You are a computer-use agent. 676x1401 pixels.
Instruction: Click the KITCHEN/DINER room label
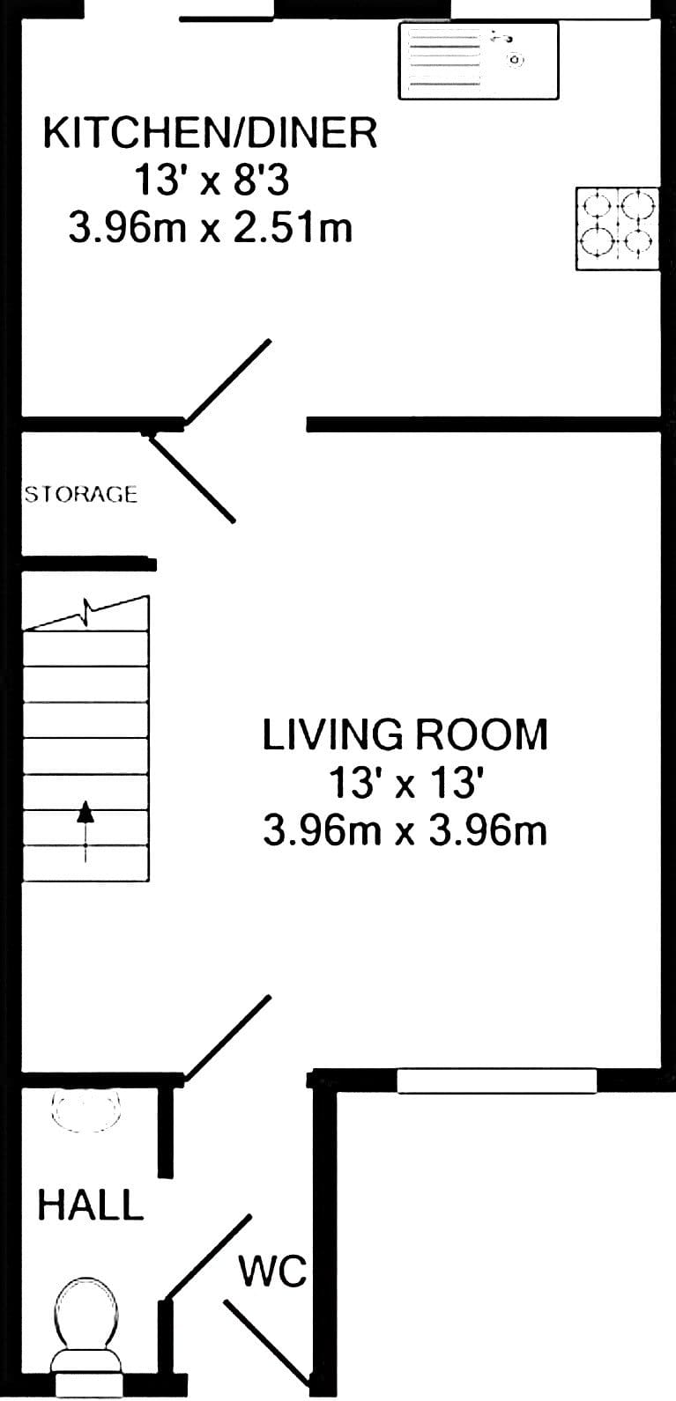211,133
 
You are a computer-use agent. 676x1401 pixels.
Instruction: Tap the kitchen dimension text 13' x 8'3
212,181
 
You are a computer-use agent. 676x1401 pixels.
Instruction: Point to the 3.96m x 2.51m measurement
211,227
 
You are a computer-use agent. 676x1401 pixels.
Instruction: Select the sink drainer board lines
444,57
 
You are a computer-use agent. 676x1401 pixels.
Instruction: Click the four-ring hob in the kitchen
617,228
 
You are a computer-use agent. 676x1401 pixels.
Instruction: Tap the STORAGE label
81,494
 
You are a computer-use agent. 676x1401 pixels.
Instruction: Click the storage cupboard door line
191,477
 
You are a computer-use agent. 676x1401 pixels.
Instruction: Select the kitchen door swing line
228,381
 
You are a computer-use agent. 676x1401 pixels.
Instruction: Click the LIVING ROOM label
405,734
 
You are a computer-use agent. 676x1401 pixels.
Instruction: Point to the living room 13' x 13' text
405,782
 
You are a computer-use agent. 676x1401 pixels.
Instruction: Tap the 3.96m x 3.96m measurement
405,830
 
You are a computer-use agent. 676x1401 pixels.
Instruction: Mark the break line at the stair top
85,612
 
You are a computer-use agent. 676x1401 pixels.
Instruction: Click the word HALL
91,1205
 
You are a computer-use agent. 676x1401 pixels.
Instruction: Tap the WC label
273,1271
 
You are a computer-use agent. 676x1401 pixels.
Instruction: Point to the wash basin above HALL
85,1110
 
